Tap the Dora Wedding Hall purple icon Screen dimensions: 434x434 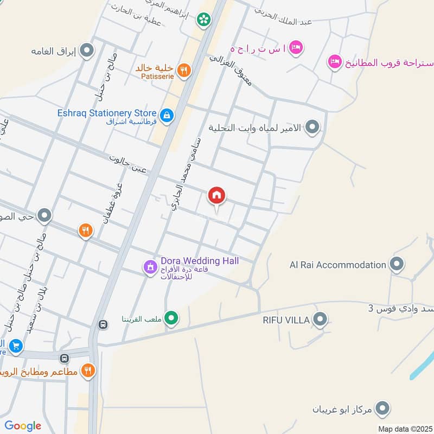[x=150, y=267]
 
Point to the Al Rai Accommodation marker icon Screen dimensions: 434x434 [x=397, y=265]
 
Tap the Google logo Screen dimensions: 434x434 [x=23, y=426]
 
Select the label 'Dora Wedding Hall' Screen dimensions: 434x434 [x=200, y=261]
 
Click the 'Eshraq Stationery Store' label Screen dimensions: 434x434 [x=103, y=113]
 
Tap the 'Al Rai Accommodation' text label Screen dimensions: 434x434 [x=337, y=265]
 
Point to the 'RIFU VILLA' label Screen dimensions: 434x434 [x=287, y=320]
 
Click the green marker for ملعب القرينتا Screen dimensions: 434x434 [x=171, y=318]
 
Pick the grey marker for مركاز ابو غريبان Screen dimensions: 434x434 [x=384, y=408]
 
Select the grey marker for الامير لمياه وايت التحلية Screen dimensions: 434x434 [x=312, y=128]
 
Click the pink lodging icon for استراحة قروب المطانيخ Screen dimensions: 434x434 [x=334, y=61]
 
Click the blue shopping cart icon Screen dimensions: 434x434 [x=16, y=345]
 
